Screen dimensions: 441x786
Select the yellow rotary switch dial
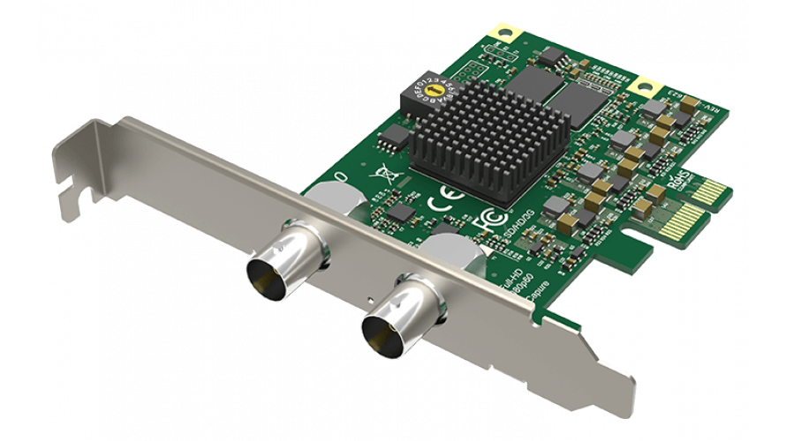point(434,88)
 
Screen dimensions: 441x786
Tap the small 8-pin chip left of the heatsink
point(396,135)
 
